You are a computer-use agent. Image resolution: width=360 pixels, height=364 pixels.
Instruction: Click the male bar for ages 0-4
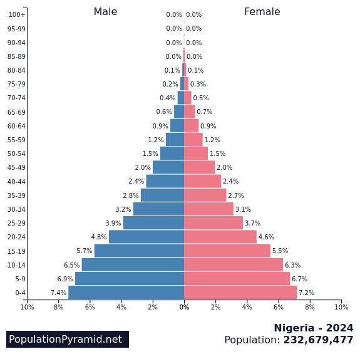point(126,293)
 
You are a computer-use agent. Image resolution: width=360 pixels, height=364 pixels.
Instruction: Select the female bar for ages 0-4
point(240,293)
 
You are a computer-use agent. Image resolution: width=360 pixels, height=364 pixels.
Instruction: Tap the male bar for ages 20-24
point(147,237)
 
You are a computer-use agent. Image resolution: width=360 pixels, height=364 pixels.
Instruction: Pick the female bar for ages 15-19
point(227,251)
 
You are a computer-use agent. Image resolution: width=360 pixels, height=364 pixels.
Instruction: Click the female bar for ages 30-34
point(208,209)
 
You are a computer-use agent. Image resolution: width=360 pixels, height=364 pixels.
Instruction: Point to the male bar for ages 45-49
point(168,167)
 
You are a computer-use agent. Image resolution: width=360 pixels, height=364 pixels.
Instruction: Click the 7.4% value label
point(58,293)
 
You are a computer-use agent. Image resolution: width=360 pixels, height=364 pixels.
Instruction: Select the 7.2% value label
point(306,293)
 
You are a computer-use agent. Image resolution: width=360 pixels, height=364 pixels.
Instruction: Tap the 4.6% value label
point(266,237)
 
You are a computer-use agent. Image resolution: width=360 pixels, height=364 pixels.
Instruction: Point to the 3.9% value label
point(113,224)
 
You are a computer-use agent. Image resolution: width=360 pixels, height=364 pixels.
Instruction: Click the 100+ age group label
point(17,14)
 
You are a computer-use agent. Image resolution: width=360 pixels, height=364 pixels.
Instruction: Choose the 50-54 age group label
point(16,153)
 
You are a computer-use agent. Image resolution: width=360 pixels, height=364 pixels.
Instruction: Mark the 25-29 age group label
point(16,223)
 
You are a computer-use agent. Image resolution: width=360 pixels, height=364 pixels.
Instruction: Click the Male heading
point(105,12)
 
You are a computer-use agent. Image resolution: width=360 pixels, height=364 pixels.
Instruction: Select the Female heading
point(262,12)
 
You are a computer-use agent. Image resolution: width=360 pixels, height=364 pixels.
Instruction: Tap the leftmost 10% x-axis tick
point(27,307)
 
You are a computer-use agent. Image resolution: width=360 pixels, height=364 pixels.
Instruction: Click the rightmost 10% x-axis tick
point(341,307)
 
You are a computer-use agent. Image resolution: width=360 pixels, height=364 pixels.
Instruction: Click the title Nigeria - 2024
point(313,328)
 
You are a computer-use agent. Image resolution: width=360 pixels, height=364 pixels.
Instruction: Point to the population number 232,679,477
point(318,340)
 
